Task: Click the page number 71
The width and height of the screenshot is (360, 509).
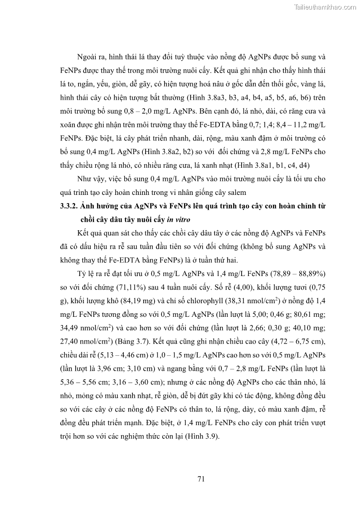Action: [x=202, y=479]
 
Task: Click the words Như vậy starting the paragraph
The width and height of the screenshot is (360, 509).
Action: [x=91, y=179]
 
